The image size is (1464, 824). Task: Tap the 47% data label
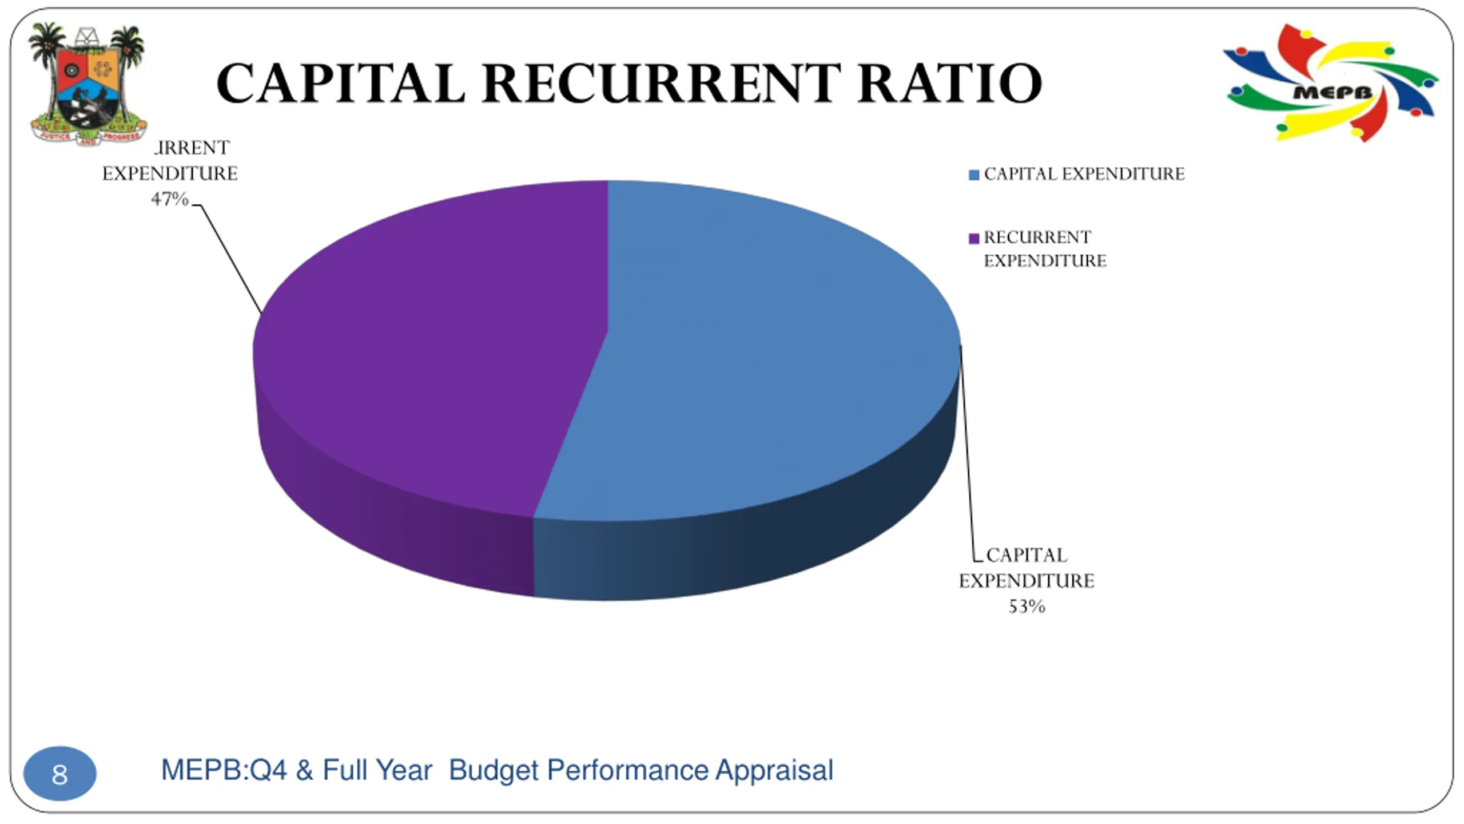click(169, 199)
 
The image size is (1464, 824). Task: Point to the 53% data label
click(1027, 607)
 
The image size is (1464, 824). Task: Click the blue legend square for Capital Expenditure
click(973, 175)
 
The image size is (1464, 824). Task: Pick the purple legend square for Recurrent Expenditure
click(973, 238)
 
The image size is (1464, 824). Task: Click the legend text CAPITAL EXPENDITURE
click(1084, 174)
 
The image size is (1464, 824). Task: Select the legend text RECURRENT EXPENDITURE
click(1044, 249)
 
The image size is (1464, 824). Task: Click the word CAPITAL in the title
click(340, 84)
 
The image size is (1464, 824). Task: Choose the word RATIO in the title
click(949, 84)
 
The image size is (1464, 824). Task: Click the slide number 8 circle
click(59, 774)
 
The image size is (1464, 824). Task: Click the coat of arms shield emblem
click(87, 86)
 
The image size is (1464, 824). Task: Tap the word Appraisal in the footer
click(774, 770)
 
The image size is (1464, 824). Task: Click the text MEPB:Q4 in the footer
click(224, 770)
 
